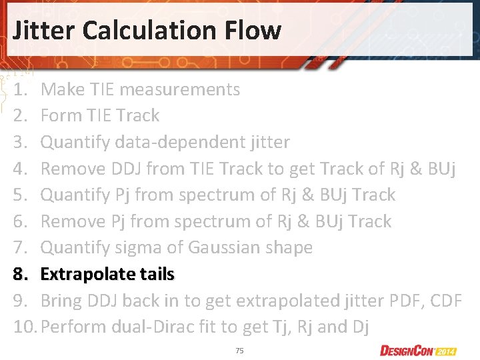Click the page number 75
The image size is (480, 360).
click(239, 350)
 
